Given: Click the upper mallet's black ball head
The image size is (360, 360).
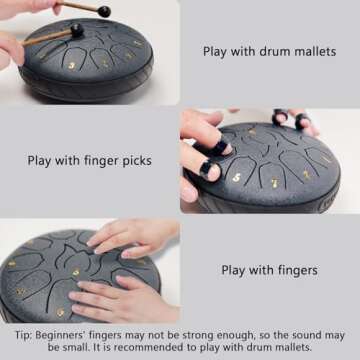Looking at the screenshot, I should tap(104, 11).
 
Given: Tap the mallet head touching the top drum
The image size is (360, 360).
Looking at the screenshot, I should tap(77, 30).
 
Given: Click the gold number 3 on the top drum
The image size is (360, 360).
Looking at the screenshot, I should tap(72, 65).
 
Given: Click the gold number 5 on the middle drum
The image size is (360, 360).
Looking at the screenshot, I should tap(237, 177).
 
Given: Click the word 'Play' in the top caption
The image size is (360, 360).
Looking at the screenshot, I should tap(216, 51).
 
